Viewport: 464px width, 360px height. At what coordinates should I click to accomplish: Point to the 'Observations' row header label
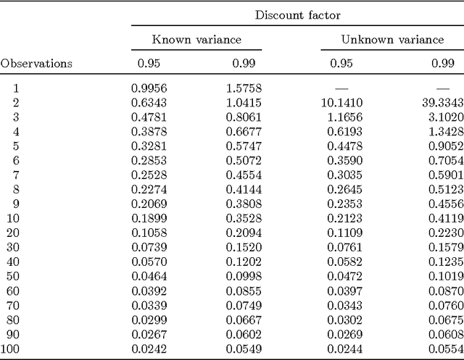click(36, 63)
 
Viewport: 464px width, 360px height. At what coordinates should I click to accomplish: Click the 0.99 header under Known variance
click(244, 63)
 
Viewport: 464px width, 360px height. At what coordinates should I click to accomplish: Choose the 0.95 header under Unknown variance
click(341, 63)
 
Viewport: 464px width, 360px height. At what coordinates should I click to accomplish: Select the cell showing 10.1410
click(341, 103)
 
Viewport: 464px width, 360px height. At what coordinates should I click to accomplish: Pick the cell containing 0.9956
click(149, 88)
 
